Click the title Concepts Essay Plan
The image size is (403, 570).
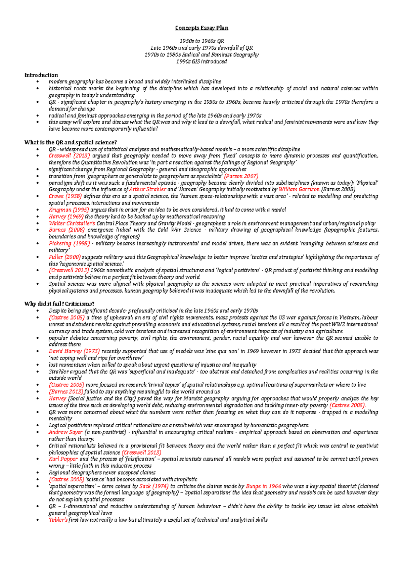click(x=201, y=28)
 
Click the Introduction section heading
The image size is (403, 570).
click(x=41, y=75)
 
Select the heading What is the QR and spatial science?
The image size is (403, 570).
click(x=70, y=142)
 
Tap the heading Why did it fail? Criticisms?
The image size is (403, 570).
click(x=59, y=304)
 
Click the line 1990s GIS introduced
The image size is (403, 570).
click(x=201, y=62)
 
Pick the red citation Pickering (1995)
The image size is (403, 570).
click(x=69, y=244)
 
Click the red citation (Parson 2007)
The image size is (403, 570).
click(x=241, y=176)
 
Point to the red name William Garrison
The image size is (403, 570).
click(x=299, y=190)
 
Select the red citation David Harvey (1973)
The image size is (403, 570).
click(x=74, y=351)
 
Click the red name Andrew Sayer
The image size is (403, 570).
click(x=65, y=432)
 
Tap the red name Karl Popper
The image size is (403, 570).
click(x=63, y=459)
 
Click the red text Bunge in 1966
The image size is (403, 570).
click(x=263, y=486)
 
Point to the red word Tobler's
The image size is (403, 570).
click(x=58, y=520)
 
